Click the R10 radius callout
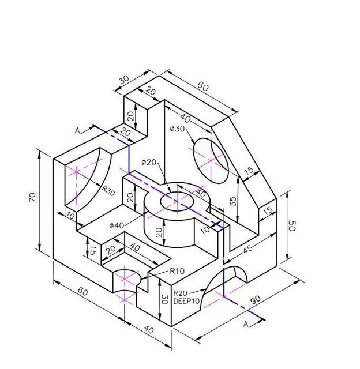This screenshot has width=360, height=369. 177,271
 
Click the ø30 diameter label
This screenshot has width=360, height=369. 177,129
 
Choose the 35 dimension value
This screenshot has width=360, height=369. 232,201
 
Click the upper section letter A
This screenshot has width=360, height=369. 77,131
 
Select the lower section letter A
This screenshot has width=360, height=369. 246,325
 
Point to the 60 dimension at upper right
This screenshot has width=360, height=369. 204,86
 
